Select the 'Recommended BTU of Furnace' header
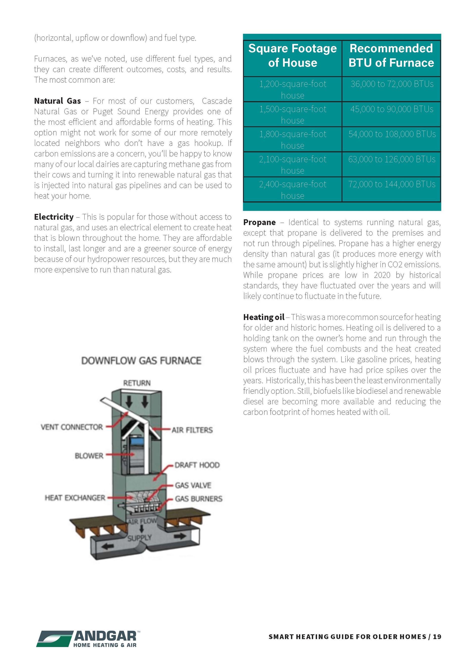(x=391, y=56)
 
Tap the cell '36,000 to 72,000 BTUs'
(x=392, y=84)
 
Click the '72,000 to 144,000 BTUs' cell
(x=392, y=185)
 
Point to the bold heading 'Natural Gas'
(x=57, y=101)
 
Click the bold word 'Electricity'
(x=54, y=217)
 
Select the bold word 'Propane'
(x=259, y=222)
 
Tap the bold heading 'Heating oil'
(x=263, y=317)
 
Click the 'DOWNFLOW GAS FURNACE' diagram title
(x=141, y=361)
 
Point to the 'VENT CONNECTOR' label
(x=72, y=427)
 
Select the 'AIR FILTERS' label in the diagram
(x=192, y=430)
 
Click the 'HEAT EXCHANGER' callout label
(x=75, y=498)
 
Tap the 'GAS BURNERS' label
(x=199, y=499)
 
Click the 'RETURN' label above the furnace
(x=137, y=383)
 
